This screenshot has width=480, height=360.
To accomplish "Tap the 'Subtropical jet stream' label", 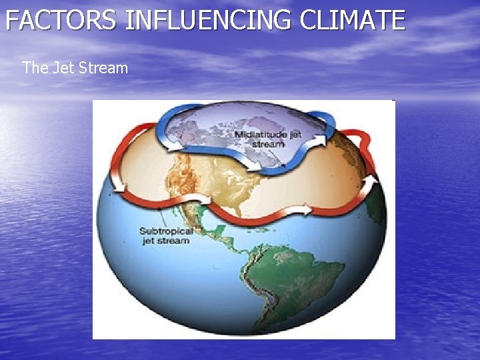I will (166, 236).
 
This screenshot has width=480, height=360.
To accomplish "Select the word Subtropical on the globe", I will (166, 231).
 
